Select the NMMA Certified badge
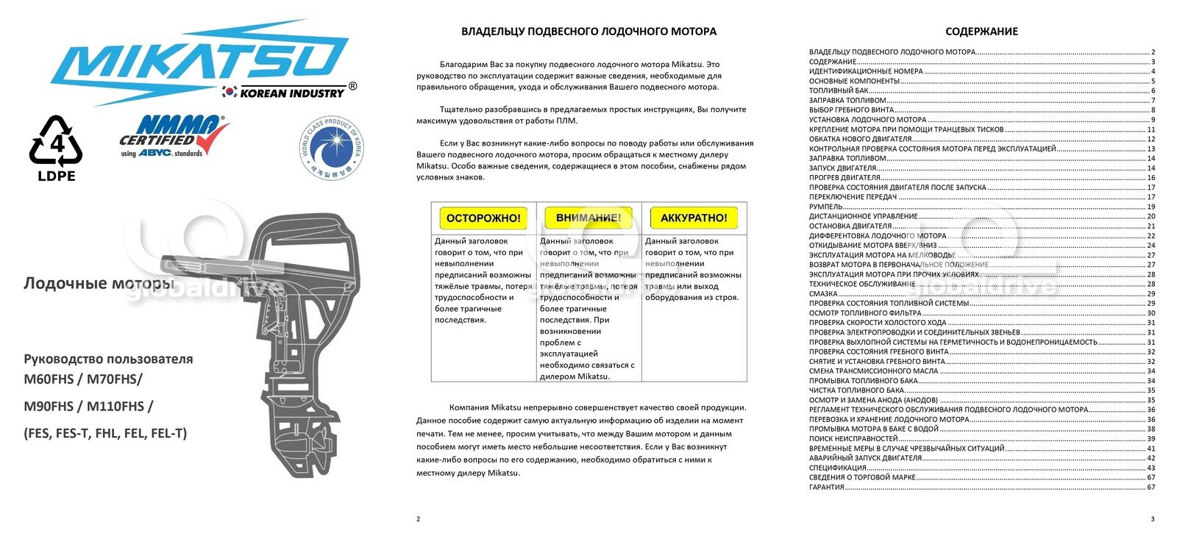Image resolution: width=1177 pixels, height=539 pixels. tap(174, 135)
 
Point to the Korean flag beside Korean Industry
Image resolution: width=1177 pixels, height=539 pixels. tap(230, 93)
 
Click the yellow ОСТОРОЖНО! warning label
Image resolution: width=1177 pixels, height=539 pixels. tap(483, 218)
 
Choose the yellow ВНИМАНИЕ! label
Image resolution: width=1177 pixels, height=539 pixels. tap(588, 218)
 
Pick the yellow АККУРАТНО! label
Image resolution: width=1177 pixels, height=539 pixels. tap(694, 218)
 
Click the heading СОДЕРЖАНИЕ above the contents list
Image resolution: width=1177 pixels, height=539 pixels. tap(981, 32)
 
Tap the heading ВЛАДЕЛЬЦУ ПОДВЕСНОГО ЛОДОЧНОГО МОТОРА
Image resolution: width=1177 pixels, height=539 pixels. tap(588, 32)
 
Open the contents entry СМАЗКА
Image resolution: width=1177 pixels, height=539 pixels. tap(823, 293)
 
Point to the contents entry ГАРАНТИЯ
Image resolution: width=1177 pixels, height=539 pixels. tap(827, 487)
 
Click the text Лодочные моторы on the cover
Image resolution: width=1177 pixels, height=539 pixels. tap(99, 283)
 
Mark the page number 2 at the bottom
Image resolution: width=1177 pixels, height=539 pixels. tap(419, 519)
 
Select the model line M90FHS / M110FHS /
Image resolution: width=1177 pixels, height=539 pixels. tap(89, 406)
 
